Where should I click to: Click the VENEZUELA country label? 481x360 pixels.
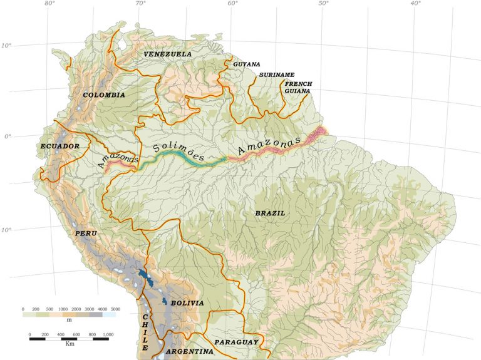(167, 54)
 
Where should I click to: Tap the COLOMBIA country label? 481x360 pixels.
(104, 95)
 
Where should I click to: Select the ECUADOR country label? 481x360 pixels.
(60, 147)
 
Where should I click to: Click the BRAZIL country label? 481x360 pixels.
(270, 213)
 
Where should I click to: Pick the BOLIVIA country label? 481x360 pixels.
(187, 303)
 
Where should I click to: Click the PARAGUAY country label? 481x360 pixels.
(236, 342)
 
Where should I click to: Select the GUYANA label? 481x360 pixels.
(246, 64)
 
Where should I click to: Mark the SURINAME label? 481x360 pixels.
(276, 75)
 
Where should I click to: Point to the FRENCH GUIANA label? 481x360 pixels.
(297, 87)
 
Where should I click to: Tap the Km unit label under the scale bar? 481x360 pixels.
(70, 344)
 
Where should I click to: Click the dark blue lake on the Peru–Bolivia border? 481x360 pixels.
(145, 276)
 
